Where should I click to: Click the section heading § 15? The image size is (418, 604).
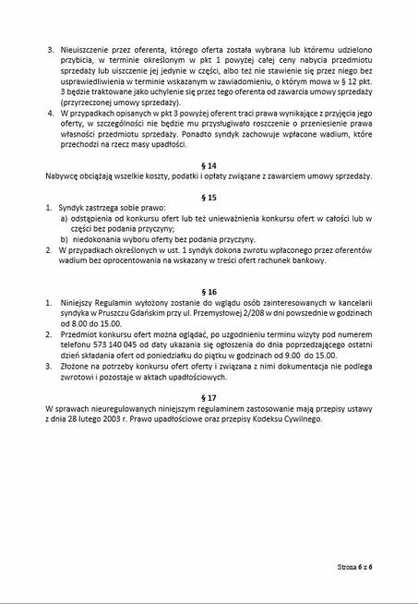(209, 197)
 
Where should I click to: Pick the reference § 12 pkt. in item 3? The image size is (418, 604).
(352, 106)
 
